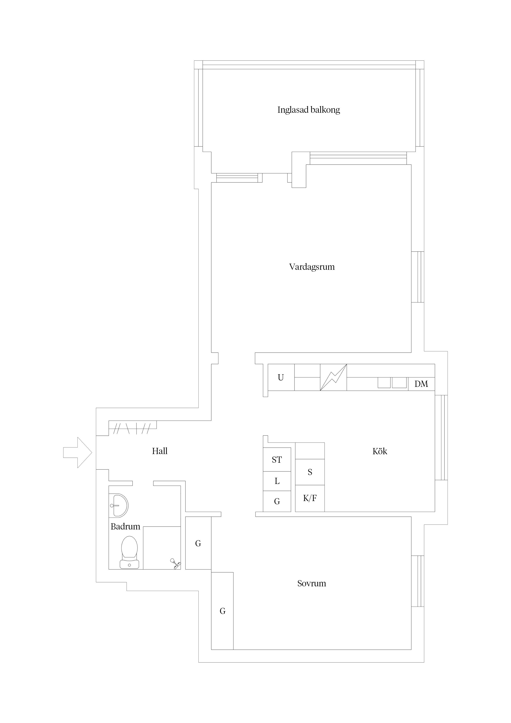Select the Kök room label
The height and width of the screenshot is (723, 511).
click(x=380, y=451)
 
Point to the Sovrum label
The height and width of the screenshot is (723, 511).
click(x=311, y=583)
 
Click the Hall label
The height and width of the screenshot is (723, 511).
click(x=160, y=451)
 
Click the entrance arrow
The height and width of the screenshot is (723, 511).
click(x=77, y=453)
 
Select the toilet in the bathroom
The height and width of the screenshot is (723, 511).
click(x=129, y=552)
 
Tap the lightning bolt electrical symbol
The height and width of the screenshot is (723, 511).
click(x=333, y=377)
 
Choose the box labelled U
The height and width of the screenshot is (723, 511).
click(x=281, y=377)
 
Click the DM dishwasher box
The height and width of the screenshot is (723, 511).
click(x=421, y=384)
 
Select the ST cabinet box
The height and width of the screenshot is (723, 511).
click(x=277, y=459)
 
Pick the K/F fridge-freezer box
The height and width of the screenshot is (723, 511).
click(x=310, y=498)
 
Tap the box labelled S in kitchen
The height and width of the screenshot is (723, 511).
click(x=310, y=472)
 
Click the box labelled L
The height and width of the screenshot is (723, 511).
click(x=277, y=481)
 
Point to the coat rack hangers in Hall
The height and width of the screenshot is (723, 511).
click(x=132, y=428)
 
